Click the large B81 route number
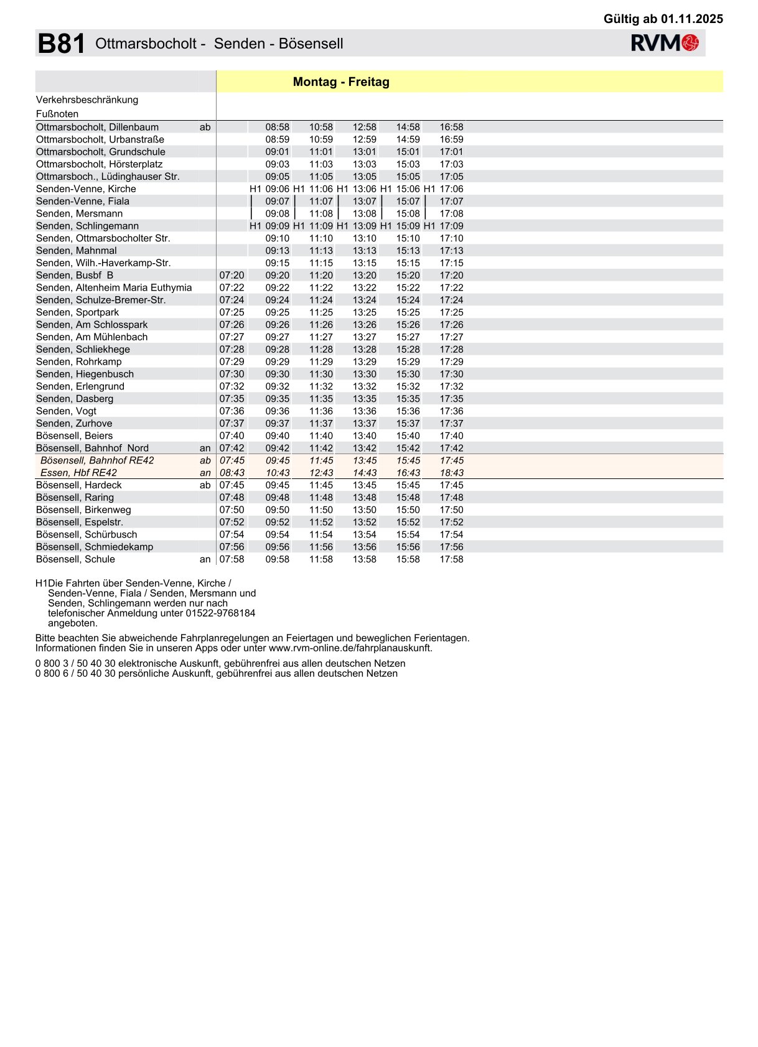click(61, 44)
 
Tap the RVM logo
click(665, 43)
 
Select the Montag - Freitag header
click(341, 82)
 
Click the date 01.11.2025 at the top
click(692, 19)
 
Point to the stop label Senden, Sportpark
click(77, 312)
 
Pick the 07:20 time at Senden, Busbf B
click(232, 275)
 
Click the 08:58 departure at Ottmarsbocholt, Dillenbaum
click(278, 127)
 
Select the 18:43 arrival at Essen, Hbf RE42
click(452, 473)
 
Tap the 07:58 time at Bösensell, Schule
click(232, 559)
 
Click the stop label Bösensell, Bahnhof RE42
click(97, 460)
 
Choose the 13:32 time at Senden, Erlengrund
click(365, 386)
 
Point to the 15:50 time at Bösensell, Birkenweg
click(408, 510)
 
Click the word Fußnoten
click(57, 114)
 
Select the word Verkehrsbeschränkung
click(87, 100)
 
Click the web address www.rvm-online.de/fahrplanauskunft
click(350, 648)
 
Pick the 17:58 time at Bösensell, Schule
click(452, 559)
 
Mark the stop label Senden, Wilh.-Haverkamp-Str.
click(103, 263)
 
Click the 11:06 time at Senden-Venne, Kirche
click(321, 189)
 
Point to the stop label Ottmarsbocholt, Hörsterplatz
click(100, 164)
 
